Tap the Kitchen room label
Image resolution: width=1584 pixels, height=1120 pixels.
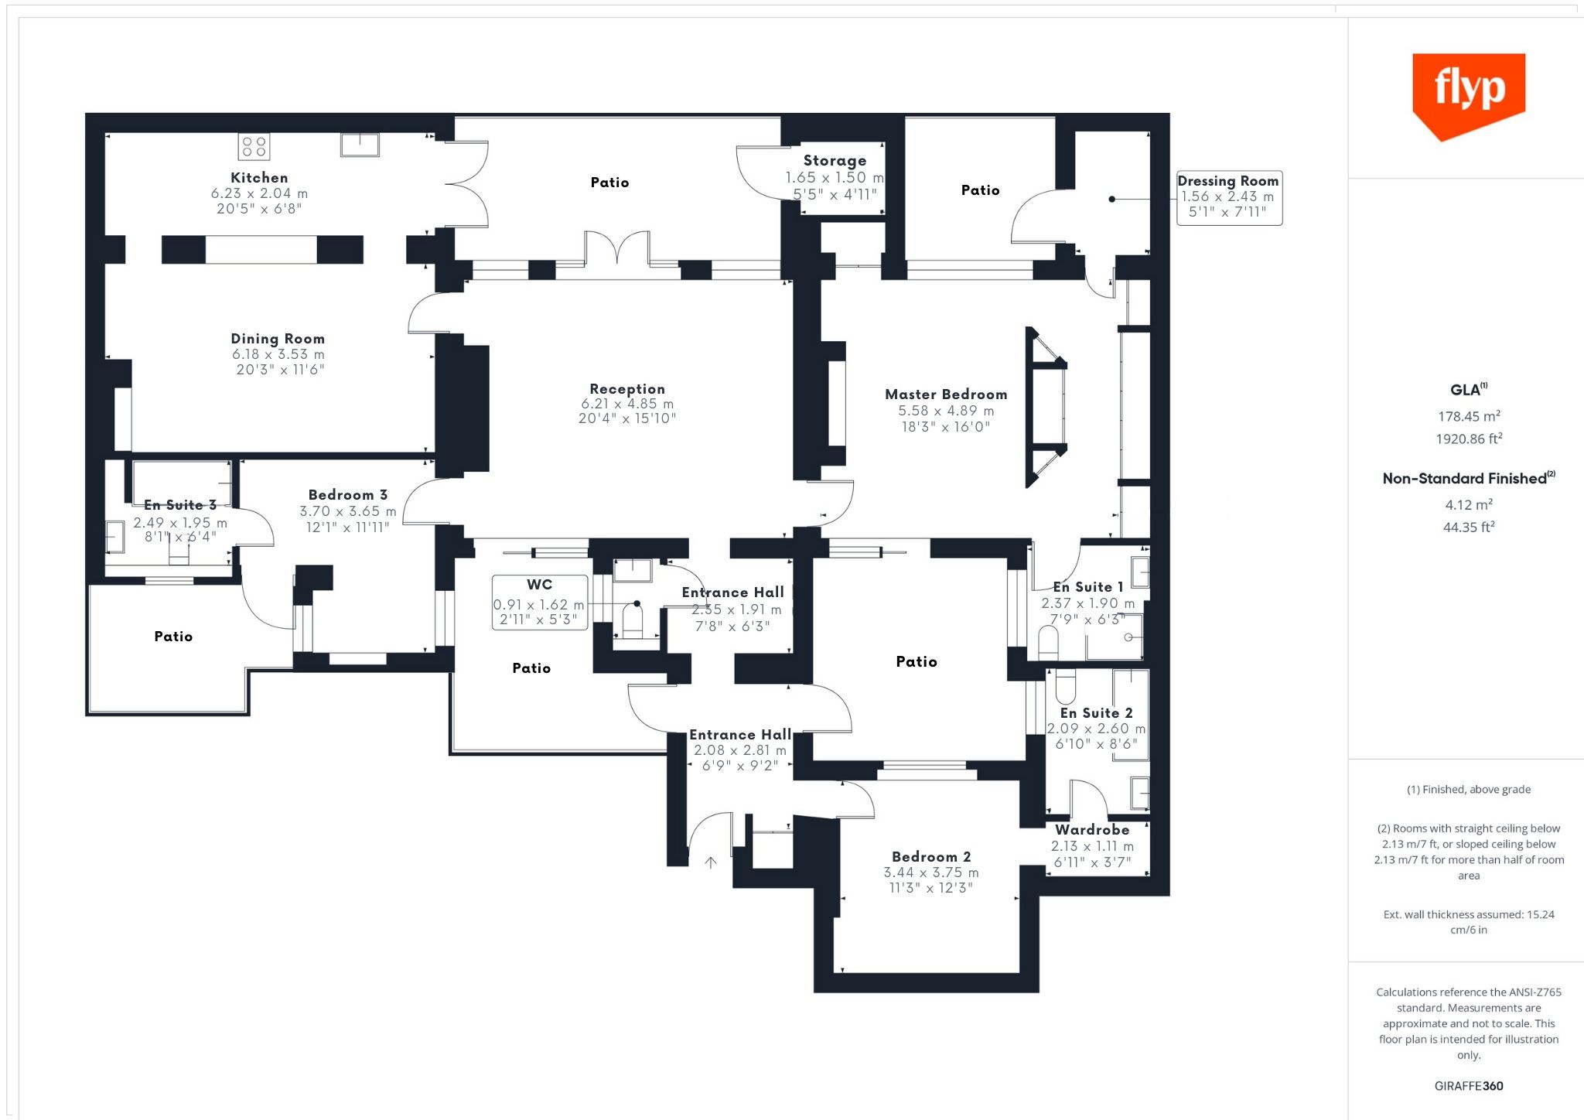[x=259, y=178]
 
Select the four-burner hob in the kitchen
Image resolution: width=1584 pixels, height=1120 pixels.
[x=254, y=146]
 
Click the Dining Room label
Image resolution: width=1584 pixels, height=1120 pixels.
[x=278, y=339]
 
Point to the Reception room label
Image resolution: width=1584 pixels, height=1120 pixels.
[x=627, y=389]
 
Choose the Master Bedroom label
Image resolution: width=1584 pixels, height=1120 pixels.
[x=946, y=394]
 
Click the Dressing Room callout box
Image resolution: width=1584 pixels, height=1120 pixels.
[x=1229, y=198]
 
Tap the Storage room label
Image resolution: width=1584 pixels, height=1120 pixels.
[x=835, y=161]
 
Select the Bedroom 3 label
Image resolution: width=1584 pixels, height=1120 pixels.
[x=348, y=495]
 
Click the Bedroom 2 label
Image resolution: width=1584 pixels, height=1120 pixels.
[x=931, y=857]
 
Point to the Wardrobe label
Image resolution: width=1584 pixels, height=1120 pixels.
[x=1092, y=830]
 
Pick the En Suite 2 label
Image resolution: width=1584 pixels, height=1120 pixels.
[x=1097, y=713]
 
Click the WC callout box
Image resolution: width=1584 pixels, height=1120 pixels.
[x=540, y=602]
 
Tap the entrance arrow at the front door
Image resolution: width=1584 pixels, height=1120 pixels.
[x=711, y=862]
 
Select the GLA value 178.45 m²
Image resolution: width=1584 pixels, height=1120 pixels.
[x=1469, y=416]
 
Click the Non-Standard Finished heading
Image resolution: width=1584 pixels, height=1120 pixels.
[x=1469, y=478]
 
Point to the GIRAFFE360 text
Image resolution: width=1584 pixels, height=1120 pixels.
[x=1469, y=1086]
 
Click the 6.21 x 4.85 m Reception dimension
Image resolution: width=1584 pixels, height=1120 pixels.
[x=627, y=404]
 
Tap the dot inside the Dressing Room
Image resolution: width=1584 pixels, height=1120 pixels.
[x=1112, y=199]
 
